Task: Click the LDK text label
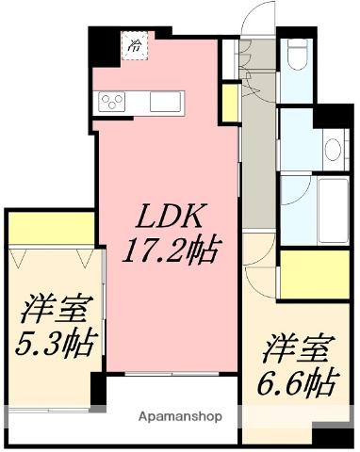pyautogui.click(x=170, y=218)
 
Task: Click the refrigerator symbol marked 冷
pyautogui.click(x=135, y=44)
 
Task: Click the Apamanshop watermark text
pyautogui.click(x=181, y=414)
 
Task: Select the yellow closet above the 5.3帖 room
pyautogui.click(x=52, y=228)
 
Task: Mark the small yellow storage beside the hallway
pyautogui.click(x=229, y=101)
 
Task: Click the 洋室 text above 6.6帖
pyautogui.click(x=296, y=347)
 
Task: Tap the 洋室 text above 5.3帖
pyautogui.click(x=54, y=308)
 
